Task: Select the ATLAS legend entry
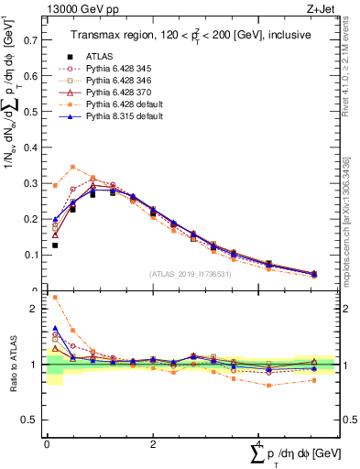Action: (x=99, y=57)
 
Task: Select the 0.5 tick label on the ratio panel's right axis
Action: (x=351, y=420)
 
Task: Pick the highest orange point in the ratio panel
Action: (x=55, y=298)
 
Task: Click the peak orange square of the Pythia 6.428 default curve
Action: (x=73, y=168)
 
